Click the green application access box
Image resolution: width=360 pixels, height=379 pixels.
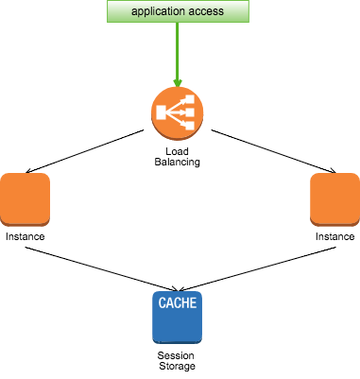[178, 11]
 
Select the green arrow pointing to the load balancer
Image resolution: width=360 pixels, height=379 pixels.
[178, 55]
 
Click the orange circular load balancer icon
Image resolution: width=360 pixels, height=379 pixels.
[178, 113]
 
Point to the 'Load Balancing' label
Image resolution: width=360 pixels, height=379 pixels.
[178, 157]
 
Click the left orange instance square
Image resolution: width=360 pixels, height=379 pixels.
[25, 199]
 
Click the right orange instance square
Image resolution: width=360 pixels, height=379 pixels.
[335, 199]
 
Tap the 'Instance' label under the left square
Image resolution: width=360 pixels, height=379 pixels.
[25, 236]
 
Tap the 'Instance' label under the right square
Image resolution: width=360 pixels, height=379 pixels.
[335, 236]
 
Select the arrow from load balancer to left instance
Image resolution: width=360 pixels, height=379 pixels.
[84, 151]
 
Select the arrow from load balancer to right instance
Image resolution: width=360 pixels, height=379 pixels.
[274, 151]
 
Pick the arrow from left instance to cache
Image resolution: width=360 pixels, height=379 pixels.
[101, 269]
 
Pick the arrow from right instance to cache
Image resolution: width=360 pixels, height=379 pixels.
[257, 269]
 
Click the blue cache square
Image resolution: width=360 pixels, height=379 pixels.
[178, 318]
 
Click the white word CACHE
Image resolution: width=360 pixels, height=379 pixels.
[178, 302]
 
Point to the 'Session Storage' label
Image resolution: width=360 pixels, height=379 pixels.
[177, 361]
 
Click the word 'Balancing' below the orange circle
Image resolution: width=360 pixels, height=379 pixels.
[178, 162]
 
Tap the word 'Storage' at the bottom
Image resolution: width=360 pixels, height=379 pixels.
[177, 366]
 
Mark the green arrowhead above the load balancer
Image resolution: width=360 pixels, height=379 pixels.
[178, 82]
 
